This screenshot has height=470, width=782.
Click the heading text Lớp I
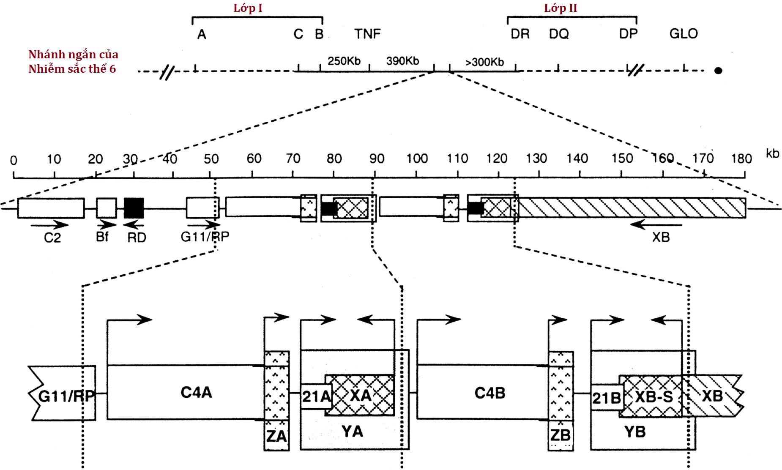pos(248,8)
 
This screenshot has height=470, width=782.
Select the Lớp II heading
pos(561,8)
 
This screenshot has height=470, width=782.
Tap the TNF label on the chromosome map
pos(367,34)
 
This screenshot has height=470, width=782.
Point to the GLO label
pos(683,34)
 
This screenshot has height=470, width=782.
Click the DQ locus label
pos(559,34)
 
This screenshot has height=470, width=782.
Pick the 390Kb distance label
pos(402,61)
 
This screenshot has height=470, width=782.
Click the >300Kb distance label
pos(484,62)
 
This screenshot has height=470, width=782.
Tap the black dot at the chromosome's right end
pos(718,71)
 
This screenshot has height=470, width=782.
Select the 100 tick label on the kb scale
pos(417,158)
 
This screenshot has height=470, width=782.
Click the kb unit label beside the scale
pos(772,153)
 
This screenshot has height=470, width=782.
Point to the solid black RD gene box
pos(134,208)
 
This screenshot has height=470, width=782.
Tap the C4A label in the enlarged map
pos(196,393)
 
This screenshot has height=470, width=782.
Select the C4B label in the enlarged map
pos(490,393)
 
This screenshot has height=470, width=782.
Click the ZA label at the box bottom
pos(276,436)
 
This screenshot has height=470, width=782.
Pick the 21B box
pos(606,398)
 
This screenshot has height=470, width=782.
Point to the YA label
pos(352,432)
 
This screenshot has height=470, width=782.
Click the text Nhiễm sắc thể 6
pos(72,68)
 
